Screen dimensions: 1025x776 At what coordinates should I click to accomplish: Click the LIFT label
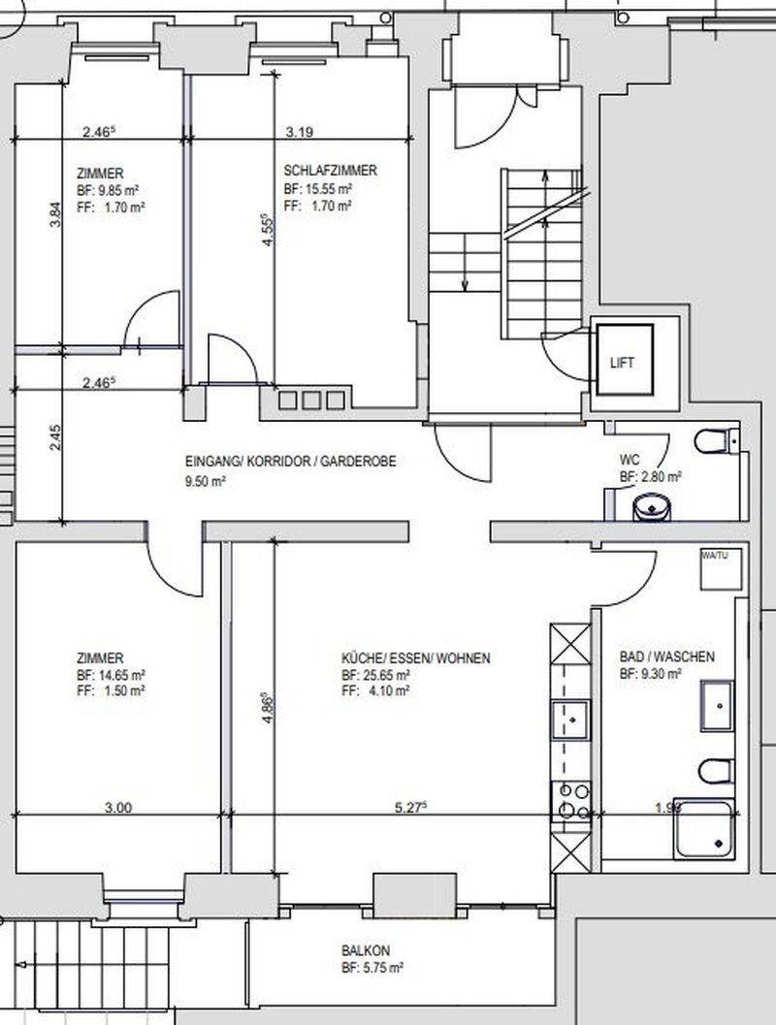pyautogui.click(x=623, y=363)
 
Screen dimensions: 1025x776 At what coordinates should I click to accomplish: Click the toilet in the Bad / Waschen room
pyautogui.click(x=712, y=769)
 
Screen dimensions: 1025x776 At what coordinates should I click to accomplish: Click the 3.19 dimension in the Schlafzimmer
pyautogui.click(x=301, y=131)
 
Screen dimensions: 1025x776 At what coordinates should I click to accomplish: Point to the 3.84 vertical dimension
pyautogui.click(x=55, y=213)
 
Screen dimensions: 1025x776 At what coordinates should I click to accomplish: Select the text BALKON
pyautogui.click(x=365, y=951)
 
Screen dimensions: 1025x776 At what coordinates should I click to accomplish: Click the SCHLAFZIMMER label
pyautogui.click(x=330, y=169)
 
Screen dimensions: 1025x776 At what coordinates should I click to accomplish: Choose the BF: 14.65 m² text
pyautogui.click(x=112, y=674)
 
